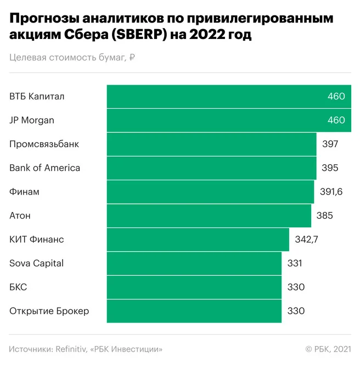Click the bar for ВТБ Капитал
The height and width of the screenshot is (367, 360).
(x=229, y=97)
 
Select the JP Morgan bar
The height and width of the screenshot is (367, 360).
(x=229, y=120)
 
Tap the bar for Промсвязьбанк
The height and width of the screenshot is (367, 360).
(x=212, y=144)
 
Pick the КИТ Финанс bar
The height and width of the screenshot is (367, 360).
(x=198, y=240)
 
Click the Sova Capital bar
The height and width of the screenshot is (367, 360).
(x=194, y=263)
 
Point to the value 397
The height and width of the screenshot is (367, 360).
(x=330, y=144)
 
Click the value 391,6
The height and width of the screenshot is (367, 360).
(x=331, y=192)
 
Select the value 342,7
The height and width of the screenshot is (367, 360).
(x=306, y=240)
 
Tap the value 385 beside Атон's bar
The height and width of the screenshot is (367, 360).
(x=324, y=215)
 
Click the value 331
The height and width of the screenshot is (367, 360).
(x=295, y=263)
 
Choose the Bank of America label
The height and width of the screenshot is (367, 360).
(x=44, y=168)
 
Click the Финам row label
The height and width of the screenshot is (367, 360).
(x=24, y=192)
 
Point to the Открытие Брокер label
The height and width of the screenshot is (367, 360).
(x=49, y=311)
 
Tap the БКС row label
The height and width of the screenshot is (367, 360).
(x=18, y=287)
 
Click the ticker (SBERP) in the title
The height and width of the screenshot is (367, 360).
(x=139, y=35)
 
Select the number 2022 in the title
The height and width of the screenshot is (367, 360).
(x=207, y=35)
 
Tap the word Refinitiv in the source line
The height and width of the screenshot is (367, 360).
(x=71, y=349)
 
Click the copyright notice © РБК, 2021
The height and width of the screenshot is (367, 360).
(x=328, y=349)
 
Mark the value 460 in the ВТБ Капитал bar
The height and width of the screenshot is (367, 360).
(x=336, y=97)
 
